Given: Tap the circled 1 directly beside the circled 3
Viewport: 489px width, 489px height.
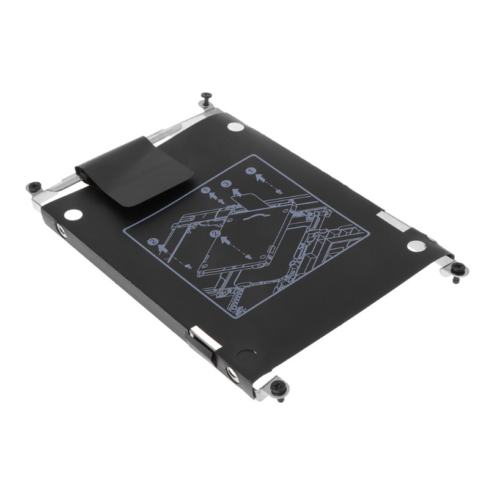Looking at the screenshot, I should pyautogui.click(x=206, y=191).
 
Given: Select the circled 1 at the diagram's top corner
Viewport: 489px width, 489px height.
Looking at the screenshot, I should pyautogui.click(x=250, y=172).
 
